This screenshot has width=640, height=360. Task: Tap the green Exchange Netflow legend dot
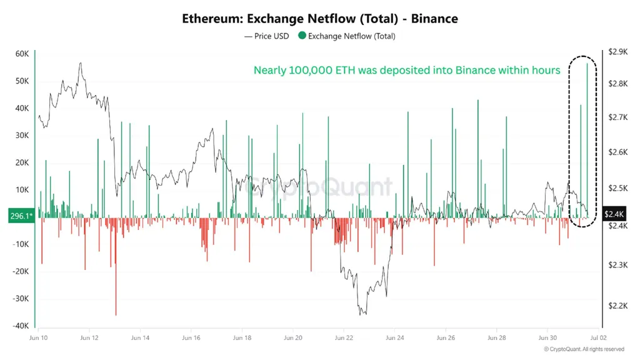302,36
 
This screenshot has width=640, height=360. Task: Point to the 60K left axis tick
22,54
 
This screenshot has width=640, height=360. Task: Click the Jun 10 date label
38,337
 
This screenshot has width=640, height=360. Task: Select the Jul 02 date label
591,337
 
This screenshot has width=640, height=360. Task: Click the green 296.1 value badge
17,216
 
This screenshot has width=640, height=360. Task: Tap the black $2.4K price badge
613,214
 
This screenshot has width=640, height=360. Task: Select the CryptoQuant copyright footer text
584,349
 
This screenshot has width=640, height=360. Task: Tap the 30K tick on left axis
22,136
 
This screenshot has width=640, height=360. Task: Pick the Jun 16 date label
191,337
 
